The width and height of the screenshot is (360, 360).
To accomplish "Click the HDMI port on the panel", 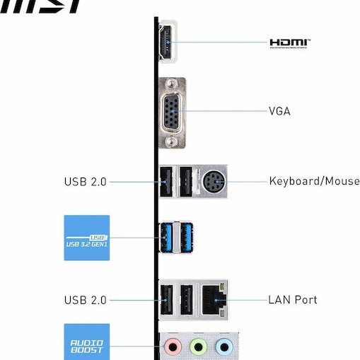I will point(167,42).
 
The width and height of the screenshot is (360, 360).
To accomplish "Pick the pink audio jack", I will point(172,347).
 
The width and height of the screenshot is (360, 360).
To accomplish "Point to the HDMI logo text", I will point(290,43).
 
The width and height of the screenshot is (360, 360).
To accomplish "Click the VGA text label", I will point(279,112).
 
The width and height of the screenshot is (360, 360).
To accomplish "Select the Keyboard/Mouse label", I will point(314,181).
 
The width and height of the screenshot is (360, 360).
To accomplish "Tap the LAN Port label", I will point(293,300).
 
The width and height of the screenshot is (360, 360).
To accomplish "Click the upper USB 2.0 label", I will point(85,182).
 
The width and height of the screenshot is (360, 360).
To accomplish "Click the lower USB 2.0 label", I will point(85,300).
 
